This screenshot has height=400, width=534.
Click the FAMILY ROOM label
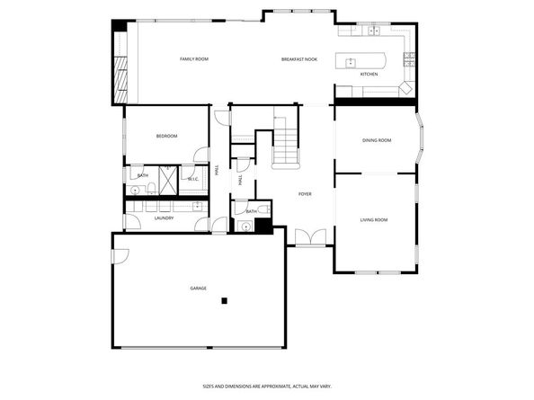pyautogui.click(x=194, y=59)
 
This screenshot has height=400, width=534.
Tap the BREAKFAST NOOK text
pyautogui.click(x=298, y=59)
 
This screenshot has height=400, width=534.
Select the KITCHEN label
pyautogui.click(x=369, y=74)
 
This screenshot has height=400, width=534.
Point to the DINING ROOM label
pyautogui.click(x=377, y=140)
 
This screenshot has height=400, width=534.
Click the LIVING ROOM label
pyautogui.click(x=374, y=219)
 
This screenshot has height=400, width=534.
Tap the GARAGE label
pyautogui.click(x=198, y=288)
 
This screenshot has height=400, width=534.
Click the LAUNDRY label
pyautogui.click(x=164, y=218)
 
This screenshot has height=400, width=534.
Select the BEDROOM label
pyautogui.click(x=166, y=136)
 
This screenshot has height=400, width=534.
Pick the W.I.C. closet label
pyautogui.click(x=193, y=179)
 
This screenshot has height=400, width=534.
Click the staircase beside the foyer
pyautogui.click(x=285, y=145)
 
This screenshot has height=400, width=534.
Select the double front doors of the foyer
pyautogui.click(x=307, y=236)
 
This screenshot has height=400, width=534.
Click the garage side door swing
pyautogui.click(x=120, y=255)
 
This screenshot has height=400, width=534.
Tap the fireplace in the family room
pyautogui.click(x=120, y=79)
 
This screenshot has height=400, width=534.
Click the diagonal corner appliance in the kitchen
pyautogui.click(x=406, y=88)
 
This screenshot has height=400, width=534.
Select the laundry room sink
pyautogui.click(x=198, y=206)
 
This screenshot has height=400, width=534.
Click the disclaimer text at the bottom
pyautogui.click(x=266, y=385)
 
